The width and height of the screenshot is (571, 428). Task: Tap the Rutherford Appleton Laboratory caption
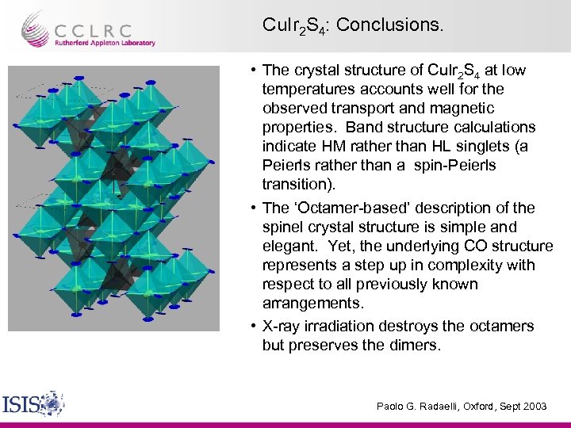point(105,43)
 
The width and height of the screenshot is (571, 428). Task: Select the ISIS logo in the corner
point(33,403)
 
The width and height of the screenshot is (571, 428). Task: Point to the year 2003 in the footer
point(533,406)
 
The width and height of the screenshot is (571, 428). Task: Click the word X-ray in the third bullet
point(282,326)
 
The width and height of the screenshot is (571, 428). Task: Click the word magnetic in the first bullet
point(464,108)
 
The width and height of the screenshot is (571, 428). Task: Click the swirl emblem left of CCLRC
point(36,29)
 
